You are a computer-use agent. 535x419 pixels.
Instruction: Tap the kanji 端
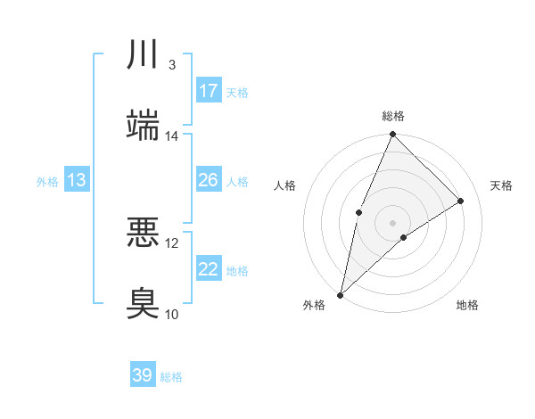click(143, 126)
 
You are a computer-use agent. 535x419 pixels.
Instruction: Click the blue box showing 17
click(209, 91)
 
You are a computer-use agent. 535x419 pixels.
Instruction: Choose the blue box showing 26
click(209, 180)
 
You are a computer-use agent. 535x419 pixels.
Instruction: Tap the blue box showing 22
click(209, 269)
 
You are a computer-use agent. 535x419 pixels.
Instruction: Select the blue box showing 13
click(77, 180)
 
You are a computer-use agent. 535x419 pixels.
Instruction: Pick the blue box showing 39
click(143, 375)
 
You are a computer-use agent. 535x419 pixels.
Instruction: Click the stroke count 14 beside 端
click(172, 136)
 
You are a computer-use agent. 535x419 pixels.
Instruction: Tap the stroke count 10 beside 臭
click(172, 314)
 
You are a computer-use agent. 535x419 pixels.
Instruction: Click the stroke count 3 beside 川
click(171, 65)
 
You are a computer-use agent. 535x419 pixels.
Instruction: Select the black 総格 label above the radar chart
click(392, 116)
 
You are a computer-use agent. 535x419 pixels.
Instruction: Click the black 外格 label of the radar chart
click(314, 305)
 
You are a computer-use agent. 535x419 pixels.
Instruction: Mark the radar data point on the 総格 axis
click(392, 135)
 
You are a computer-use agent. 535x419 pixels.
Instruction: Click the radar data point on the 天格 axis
click(461, 201)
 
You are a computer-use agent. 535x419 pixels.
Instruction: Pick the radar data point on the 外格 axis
click(340, 294)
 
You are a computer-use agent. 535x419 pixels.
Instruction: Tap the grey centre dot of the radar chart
click(392, 222)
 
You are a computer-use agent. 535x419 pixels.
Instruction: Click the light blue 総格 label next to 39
click(171, 377)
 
